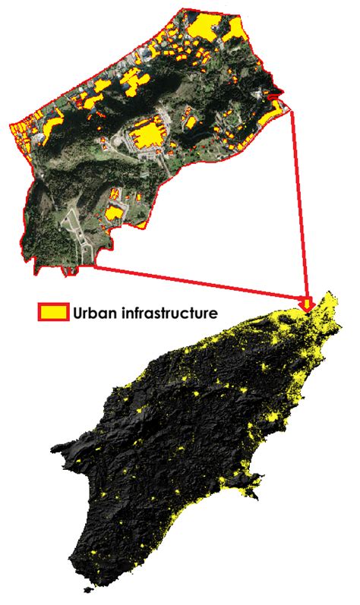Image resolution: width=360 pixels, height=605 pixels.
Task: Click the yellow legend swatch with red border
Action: click(x=53, y=311)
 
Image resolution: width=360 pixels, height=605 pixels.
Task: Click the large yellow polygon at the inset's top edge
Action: click(x=203, y=27)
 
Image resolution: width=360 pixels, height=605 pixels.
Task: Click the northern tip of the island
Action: click(x=332, y=295)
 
